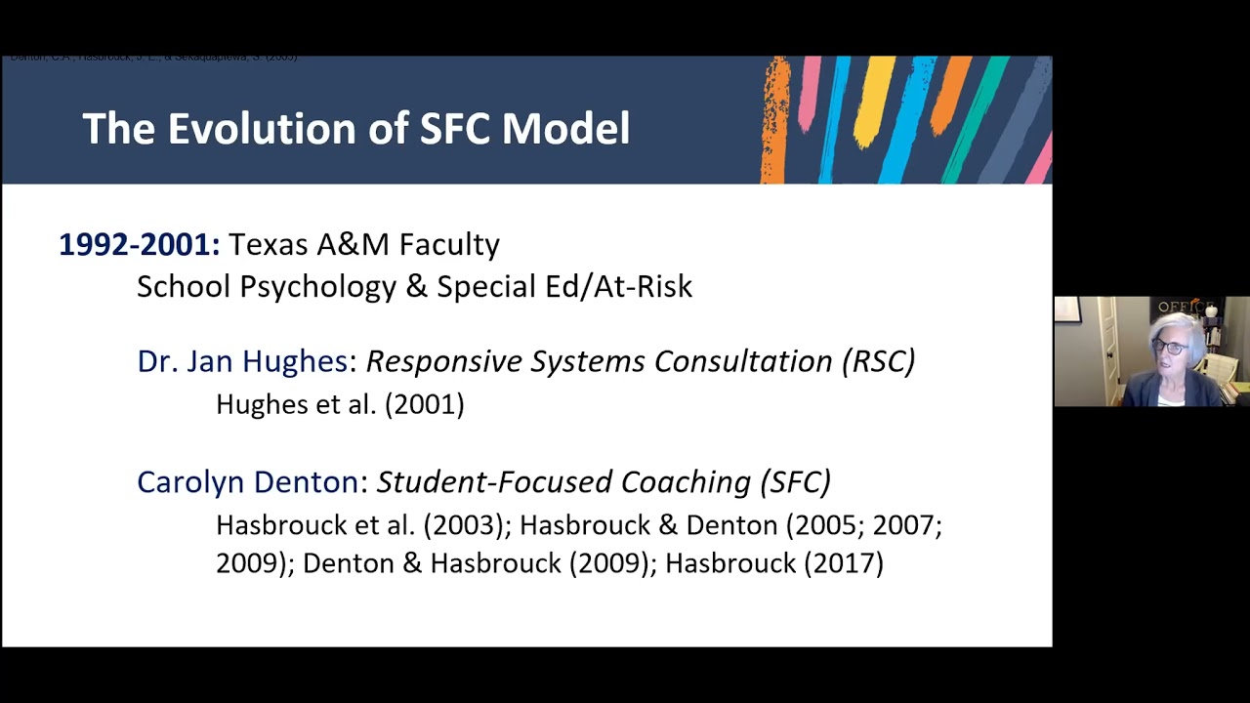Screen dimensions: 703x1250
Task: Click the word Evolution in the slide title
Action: pyautogui.click(x=279, y=129)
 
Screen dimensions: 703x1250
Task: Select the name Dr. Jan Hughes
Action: pyautogui.click(x=242, y=361)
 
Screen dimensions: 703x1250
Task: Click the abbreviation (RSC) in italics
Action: pyautogui.click(x=877, y=361)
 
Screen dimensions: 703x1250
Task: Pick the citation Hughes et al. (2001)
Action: pyautogui.click(x=340, y=404)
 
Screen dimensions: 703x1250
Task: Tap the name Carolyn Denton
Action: pyautogui.click(x=248, y=481)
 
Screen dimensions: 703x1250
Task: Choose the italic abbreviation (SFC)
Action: pyautogui.click(x=795, y=481)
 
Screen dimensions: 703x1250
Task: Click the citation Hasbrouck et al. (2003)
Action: pyautogui.click(x=363, y=525)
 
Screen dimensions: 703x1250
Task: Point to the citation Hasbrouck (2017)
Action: pyautogui.click(x=773, y=563)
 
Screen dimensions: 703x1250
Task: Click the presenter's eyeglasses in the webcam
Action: pyautogui.click(x=1170, y=347)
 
